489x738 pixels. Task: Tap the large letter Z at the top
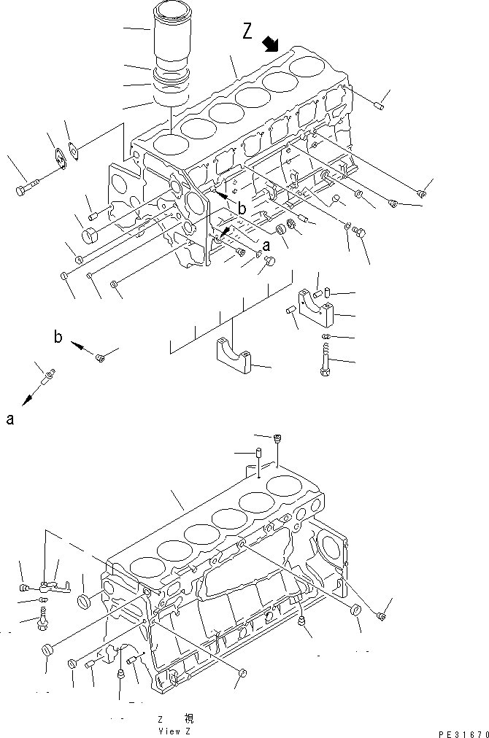[x=247, y=31]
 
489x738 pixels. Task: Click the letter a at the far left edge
[x=10, y=419]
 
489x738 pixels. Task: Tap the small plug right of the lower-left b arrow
[x=101, y=357]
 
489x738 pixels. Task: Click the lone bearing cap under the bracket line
[x=234, y=358]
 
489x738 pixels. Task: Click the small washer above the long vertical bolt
[x=326, y=335]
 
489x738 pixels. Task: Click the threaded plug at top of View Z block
[x=277, y=438]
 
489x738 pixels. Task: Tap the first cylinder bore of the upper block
[x=169, y=144]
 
